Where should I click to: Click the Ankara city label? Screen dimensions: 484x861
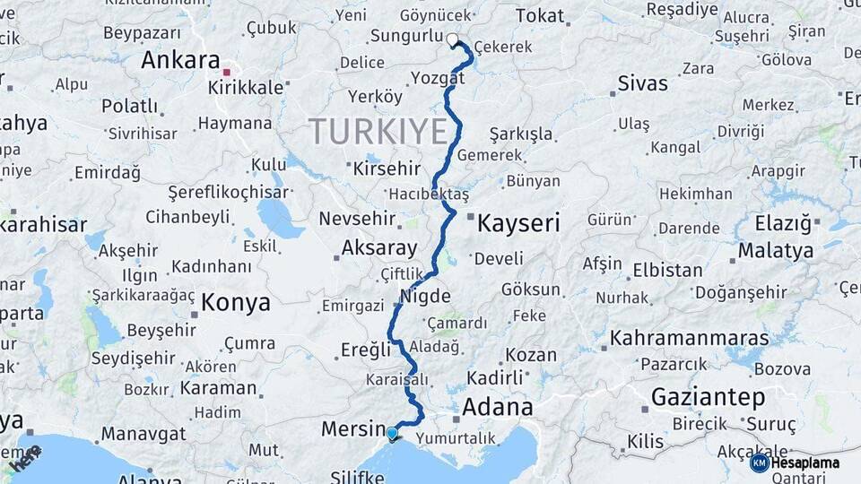point(179,61)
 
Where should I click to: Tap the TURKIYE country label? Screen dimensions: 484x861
point(378,132)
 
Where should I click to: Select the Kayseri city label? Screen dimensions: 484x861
point(518,223)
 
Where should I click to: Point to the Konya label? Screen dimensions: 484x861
point(235,303)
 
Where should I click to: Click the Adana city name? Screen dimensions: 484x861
point(497,408)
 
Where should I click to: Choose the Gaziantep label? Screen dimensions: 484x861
point(709,397)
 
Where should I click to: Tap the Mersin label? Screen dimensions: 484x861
point(352,429)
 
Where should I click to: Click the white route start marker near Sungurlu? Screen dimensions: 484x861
point(453,39)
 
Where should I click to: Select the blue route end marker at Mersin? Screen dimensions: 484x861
point(392,434)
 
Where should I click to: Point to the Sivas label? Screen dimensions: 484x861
point(642,83)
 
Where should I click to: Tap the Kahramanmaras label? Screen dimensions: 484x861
point(689,339)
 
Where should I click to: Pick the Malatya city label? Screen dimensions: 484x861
point(776,250)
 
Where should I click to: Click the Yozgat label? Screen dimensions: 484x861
point(438,78)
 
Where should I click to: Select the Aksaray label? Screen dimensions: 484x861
point(379,248)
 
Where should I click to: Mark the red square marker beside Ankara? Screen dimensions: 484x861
point(228,73)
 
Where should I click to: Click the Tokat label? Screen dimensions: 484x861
point(541,15)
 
